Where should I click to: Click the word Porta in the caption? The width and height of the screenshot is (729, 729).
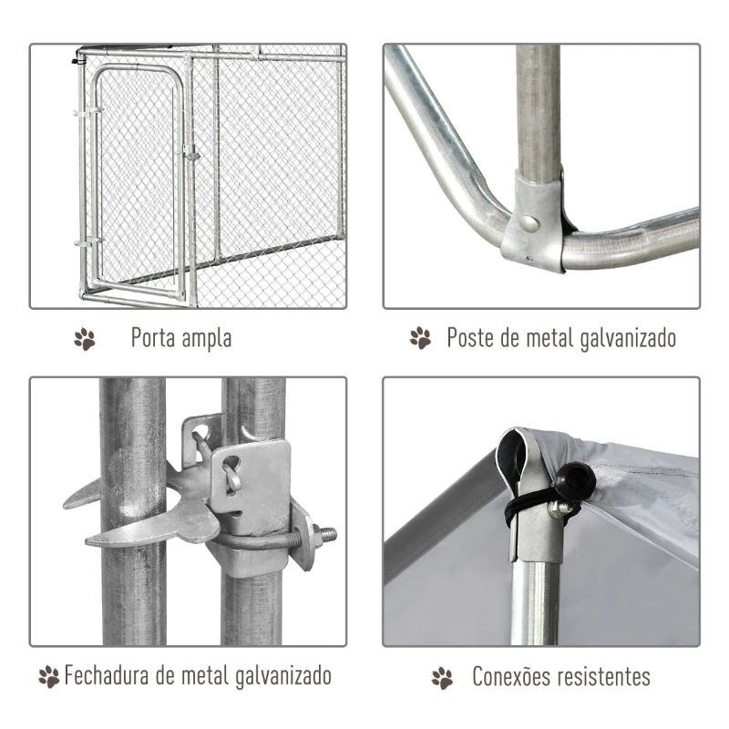154,339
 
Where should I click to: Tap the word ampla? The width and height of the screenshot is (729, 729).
207,340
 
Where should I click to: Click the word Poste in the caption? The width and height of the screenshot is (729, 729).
470,339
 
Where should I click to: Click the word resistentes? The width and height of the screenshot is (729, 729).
606,676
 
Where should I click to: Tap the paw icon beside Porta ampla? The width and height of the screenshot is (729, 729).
85,340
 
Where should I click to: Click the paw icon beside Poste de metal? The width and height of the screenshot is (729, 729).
420,339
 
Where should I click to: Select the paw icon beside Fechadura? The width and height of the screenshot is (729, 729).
48,677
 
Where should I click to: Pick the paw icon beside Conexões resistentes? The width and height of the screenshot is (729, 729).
442,677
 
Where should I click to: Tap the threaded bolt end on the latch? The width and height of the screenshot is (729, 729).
325,534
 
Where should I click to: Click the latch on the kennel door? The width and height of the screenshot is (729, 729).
190,152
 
